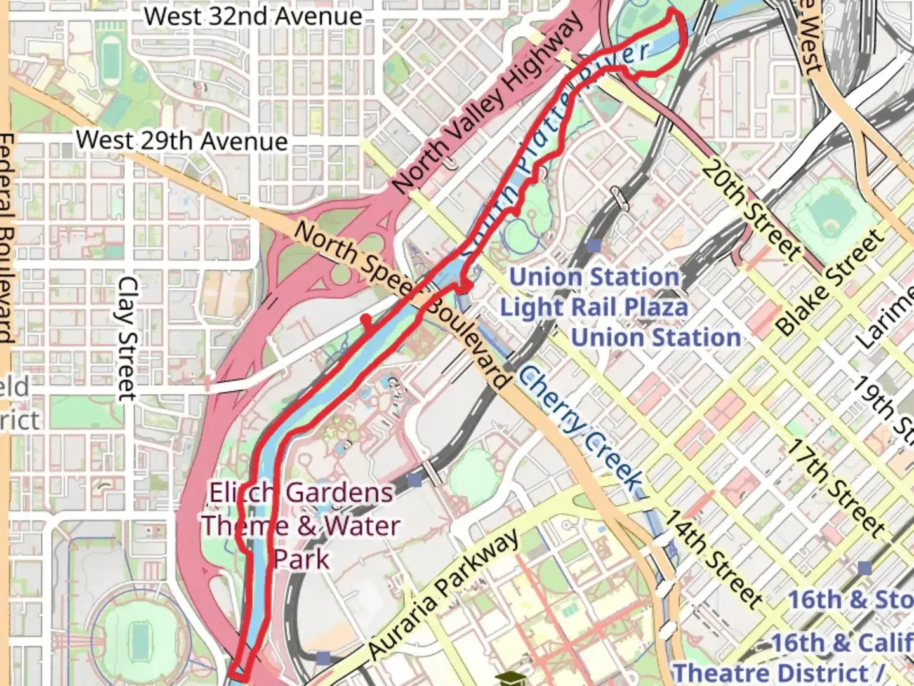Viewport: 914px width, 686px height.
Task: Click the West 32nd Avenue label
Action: click(x=253, y=16)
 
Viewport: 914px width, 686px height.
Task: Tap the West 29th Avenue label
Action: click(x=182, y=140)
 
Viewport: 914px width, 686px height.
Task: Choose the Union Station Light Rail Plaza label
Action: click(x=594, y=292)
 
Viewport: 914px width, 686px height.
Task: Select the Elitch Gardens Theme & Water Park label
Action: click(x=301, y=526)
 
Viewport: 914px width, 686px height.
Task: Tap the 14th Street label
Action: click(x=712, y=559)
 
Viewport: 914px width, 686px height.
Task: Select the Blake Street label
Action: click(x=830, y=283)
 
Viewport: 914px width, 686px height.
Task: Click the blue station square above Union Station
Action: click(x=594, y=245)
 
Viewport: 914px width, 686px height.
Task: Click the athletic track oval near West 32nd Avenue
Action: click(x=110, y=57)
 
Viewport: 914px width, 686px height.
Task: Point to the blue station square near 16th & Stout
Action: click(x=864, y=568)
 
